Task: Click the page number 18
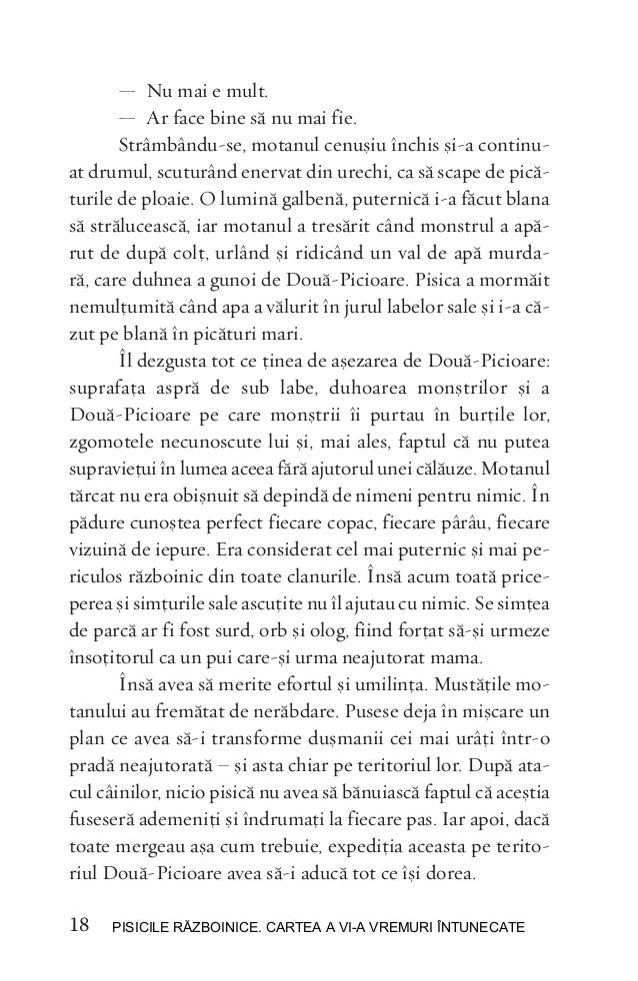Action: pyautogui.click(x=79, y=929)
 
